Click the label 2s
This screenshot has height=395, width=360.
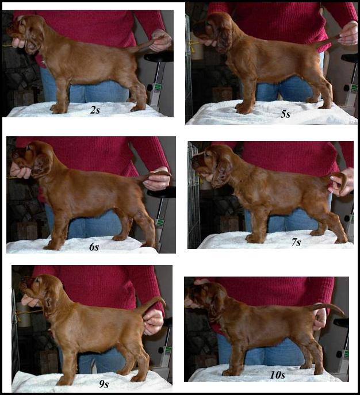point(95,110)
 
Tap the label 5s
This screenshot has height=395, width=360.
point(285,114)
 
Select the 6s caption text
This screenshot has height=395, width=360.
point(94,247)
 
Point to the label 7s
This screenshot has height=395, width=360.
point(296,242)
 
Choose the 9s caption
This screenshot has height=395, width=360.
point(104,384)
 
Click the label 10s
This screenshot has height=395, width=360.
point(277,375)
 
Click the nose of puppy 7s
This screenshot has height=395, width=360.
point(193,159)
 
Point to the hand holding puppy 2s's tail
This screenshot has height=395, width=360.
point(160,40)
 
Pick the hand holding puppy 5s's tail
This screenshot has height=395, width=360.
point(349,34)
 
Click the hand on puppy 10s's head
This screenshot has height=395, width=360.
point(201,282)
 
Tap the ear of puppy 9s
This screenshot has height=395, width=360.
point(51,302)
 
